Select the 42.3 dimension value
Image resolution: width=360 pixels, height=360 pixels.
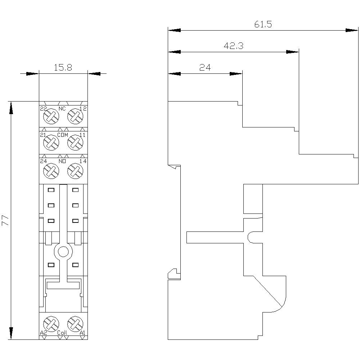click(234, 46)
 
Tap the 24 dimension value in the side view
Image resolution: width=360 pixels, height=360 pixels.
click(204, 68)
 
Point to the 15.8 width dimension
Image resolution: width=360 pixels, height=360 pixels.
click(63, 68)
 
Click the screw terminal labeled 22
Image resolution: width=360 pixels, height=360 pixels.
click(51, 116)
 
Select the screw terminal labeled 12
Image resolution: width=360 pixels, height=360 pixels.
click(75, 116)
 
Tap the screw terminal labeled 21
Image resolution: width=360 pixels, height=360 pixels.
click(51, 142)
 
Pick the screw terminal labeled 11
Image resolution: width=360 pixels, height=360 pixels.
click(75, 142)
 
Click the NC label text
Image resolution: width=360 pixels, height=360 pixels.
click(62, 109)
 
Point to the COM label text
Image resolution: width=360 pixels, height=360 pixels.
click(63, 135)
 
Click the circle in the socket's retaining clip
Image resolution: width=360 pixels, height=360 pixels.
click(63, 252)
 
